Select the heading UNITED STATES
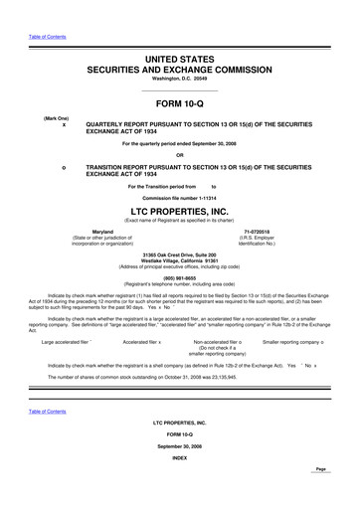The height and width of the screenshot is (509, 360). click(180, 61)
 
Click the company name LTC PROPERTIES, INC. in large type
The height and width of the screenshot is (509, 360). click(180, 212)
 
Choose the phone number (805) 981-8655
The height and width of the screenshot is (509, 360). click(180, 277)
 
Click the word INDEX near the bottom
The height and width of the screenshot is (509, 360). click(180, 487)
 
